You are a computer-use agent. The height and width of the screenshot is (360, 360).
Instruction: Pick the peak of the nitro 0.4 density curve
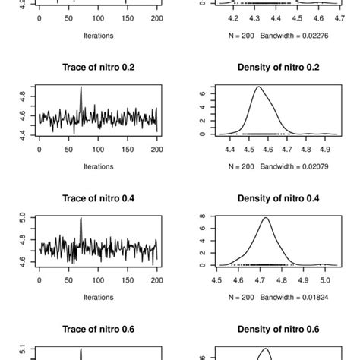[x=266, y=219]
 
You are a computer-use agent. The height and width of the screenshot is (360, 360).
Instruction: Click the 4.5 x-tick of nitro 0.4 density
[x=218, y=277]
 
